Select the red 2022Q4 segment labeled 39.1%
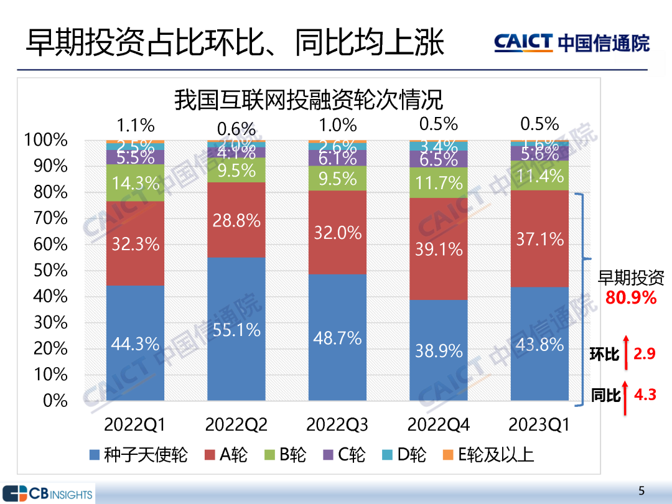(439, 249)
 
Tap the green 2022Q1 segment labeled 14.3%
(135, 183)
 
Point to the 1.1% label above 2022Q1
(135, 125)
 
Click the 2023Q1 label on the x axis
(539, 425)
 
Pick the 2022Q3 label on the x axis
(337, 425)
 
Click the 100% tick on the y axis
(47, 140)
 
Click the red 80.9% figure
(631, 298)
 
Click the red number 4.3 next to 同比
(645, 394)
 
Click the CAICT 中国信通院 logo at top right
(572, 42)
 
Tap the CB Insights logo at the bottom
(47, 494)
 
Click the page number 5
(642, 488)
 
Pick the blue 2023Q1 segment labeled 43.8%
(540, 344)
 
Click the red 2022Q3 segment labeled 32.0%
(338, 233)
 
